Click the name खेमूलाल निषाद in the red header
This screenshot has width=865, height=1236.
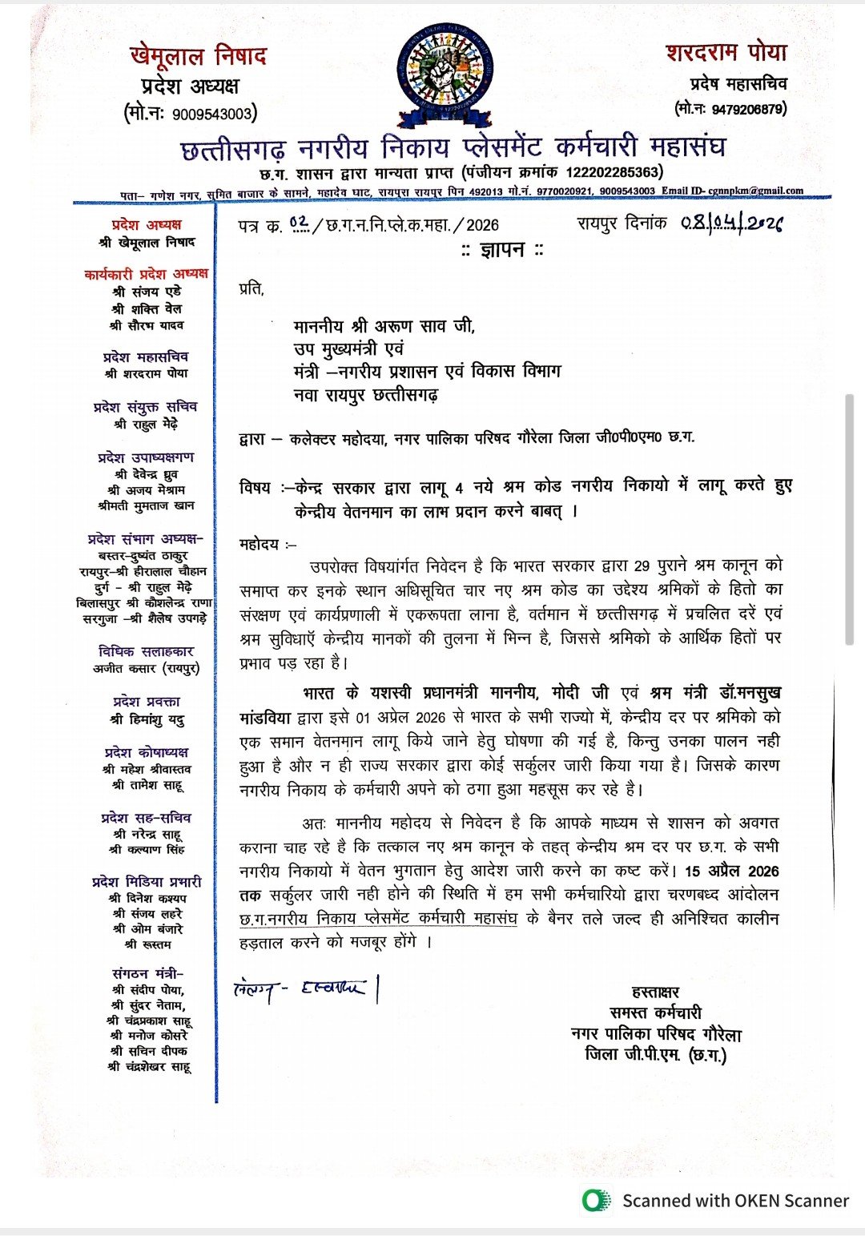198,57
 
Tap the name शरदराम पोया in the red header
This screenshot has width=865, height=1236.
726,54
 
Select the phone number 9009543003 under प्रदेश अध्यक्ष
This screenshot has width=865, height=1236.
211,115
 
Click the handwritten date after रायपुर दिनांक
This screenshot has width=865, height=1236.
732,223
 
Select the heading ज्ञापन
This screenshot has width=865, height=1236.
502,250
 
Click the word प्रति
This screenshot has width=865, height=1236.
251,288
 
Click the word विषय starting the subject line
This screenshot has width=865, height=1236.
255,488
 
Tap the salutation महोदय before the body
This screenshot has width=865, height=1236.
259,545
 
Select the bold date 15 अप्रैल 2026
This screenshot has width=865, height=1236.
732,871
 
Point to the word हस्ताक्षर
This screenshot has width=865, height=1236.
655,992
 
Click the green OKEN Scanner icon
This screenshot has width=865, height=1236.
597,1201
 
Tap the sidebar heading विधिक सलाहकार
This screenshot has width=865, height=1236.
146,652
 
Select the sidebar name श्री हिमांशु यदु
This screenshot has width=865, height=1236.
147,719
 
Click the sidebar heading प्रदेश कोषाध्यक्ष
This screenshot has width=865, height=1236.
147,752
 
